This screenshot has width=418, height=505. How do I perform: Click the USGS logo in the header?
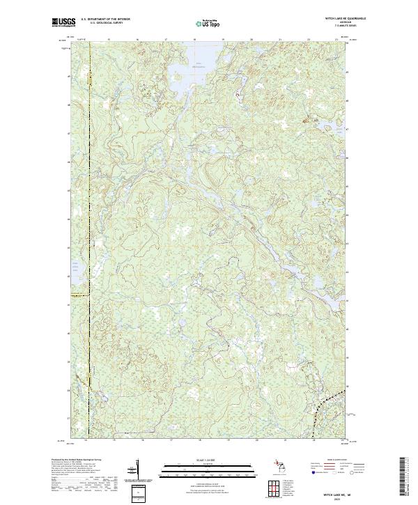pos(63,23)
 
